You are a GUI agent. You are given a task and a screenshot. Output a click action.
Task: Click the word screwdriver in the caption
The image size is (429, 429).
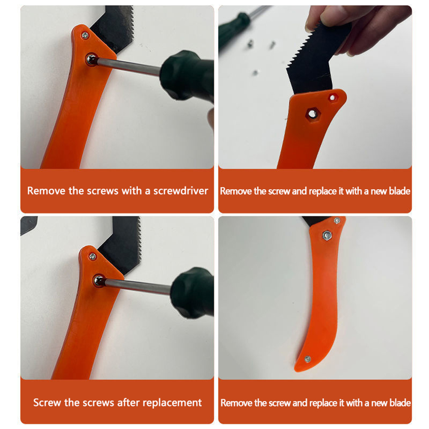(x=181, y=191)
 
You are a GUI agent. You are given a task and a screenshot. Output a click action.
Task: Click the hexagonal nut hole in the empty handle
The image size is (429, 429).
(x=312, y=113)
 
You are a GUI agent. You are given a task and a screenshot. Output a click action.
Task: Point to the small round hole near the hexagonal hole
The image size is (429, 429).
(x=332, y=97)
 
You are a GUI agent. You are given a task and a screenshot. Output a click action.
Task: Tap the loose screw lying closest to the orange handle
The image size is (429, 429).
(x=256, y=72)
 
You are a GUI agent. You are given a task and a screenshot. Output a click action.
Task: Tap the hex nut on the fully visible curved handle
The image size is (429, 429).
(x=326, y=235)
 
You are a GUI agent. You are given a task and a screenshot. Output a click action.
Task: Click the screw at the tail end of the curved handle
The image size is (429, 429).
(x=308, y=359)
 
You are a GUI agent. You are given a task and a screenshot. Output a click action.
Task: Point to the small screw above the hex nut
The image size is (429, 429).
(x=337, y=220)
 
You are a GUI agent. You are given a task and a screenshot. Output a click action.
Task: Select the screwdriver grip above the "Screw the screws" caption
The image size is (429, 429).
(x=193, y=293)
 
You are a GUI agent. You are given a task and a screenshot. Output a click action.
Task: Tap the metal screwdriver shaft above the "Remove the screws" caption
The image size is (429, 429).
(x=129, y=66)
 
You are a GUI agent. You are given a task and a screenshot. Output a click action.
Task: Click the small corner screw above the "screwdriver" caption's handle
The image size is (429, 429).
(x=85, y=35)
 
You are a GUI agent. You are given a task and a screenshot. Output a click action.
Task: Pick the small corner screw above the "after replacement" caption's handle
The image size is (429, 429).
(x=93, y=256)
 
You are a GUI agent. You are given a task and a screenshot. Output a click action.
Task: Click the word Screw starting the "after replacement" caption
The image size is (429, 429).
(x=46, y=402)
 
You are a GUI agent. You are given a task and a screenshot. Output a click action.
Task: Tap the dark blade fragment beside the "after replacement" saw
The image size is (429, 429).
(x=28, y=224)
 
